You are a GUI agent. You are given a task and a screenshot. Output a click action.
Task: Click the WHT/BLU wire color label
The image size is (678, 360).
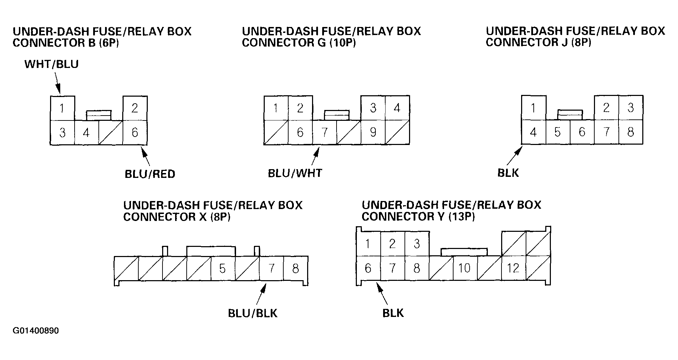click(51, 64)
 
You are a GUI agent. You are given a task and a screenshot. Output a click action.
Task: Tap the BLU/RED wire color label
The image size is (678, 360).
click(150, 174)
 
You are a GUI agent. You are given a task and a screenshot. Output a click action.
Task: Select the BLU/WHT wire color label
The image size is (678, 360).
click(295, 173)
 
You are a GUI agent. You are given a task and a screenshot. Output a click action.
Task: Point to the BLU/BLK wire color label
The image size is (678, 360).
click(252, 313)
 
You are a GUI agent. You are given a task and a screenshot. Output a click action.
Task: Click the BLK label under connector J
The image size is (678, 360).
click(508, 173)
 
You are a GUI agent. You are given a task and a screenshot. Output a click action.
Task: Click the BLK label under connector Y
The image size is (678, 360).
click(393, 313)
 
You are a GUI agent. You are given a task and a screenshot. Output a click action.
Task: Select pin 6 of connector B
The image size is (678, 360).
click(135, 132)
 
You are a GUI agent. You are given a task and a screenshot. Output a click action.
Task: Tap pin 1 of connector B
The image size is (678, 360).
click(62, 108)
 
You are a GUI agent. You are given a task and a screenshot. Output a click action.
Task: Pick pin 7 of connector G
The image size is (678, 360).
click(324, 132)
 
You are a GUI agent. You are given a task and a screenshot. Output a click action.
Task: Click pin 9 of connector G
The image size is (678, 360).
click(373, 132)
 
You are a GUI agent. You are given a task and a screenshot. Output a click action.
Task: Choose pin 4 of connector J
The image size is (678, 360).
click(533, 132)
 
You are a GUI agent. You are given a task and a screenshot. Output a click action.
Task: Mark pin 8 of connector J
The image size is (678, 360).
click(631, 132)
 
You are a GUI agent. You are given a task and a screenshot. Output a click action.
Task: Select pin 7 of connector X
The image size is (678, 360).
click(271, 269)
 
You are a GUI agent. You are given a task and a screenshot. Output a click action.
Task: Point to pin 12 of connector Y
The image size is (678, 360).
click(514, 268)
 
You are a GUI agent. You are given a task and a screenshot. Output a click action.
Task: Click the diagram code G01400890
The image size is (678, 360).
click(36, 331)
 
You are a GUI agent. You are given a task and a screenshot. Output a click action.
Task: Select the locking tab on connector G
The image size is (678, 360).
click(337, 115)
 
